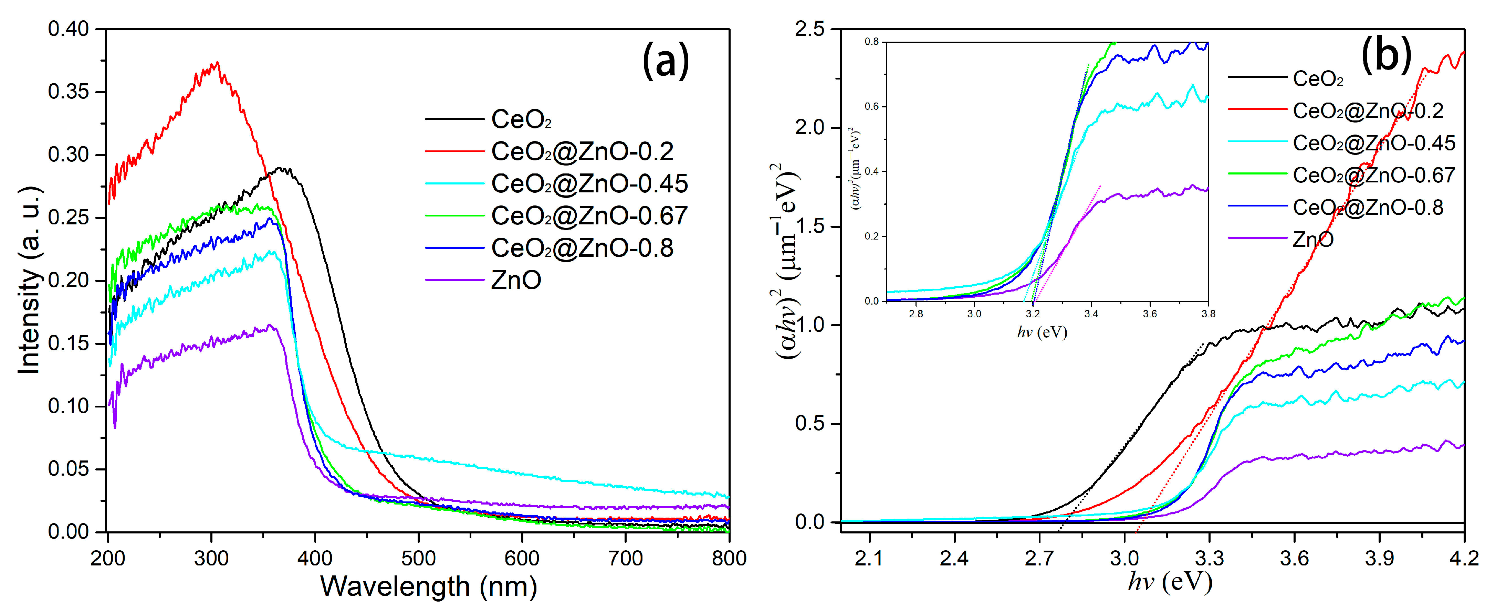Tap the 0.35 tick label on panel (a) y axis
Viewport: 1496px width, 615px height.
click(68, 92)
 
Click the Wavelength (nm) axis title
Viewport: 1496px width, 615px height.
click(429, 586)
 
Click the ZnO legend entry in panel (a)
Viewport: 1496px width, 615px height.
click(516, 280)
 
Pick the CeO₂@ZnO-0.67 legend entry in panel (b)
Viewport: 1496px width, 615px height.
click(1373, 175)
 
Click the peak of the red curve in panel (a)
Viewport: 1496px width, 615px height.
click(217, 63)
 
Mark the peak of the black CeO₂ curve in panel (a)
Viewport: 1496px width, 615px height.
click(282, 168)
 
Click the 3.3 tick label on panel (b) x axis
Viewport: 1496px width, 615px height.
click(1209, 558)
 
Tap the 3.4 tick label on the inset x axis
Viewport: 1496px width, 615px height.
click(1091, 314)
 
